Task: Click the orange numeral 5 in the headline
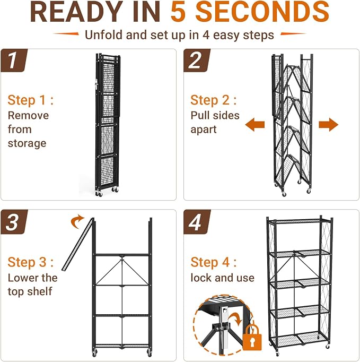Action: click(x=178, y=12)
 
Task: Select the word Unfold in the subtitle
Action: click(x=103, y=35)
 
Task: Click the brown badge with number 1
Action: click(x=14, y=61)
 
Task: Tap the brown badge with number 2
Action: click(x=197, y=61)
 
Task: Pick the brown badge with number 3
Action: click(x=14, y=222)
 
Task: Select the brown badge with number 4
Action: click(x=197, y=222)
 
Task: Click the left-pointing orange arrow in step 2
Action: click(x=255, y=124)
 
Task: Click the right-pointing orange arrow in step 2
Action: click(x=328, y=124)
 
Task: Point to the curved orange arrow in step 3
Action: click(x=77, y=221)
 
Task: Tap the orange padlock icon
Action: click(x=252, y=337)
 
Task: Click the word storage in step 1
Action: click(x=27, y=143)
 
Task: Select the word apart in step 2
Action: click(x=204, y=130)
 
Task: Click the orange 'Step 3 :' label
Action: click(x=30, y=262)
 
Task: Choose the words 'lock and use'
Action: click(x=222, y=278)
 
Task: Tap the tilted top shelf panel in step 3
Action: click(x=77, y=244)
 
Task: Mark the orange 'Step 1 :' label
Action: click(x=30, y=100)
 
